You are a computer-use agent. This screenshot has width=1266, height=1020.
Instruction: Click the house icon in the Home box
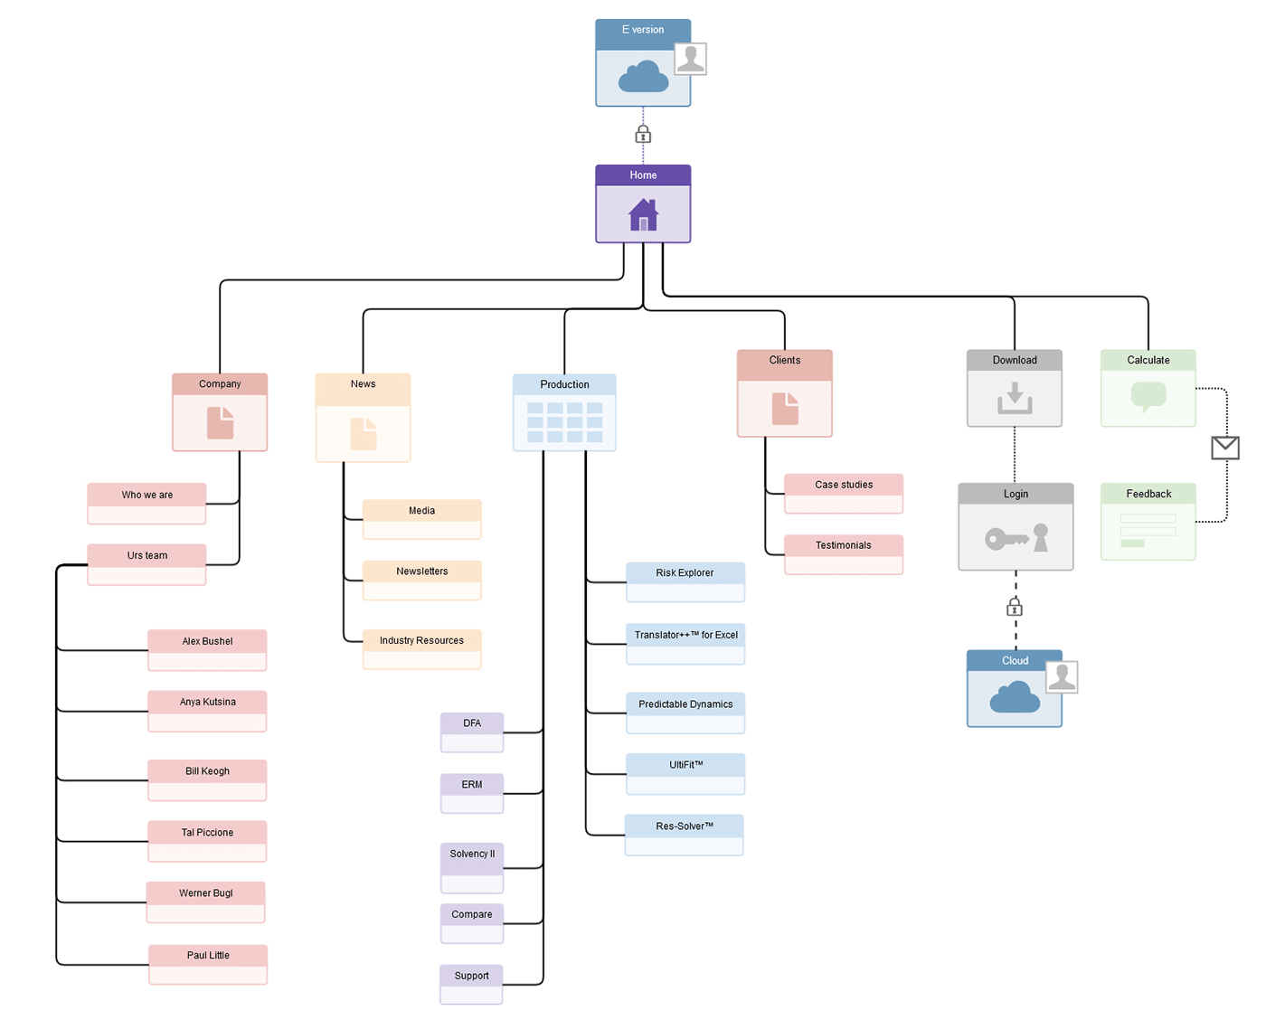coord(643,215)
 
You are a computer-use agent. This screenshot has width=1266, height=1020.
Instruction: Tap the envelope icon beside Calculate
coord(1225,448)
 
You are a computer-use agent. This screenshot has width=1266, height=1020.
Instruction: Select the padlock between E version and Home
coord(643,135)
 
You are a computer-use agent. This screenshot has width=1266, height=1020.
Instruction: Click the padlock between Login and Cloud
coord(1015,607)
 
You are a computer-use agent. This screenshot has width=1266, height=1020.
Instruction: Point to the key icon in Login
coord(1006,540)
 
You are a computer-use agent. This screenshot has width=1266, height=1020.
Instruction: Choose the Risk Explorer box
coord(685,581)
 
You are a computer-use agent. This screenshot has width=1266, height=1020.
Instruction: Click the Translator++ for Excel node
coord(685,643)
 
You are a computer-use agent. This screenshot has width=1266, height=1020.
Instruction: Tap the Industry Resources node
coord(421,648)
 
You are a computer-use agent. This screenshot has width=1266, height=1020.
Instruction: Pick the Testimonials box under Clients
coord(843,553)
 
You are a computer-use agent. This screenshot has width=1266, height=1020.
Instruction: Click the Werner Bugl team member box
coord(206,902)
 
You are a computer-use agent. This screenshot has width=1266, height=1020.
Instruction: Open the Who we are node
coord(146,503)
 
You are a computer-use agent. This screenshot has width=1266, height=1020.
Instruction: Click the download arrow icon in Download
coord(1015,398)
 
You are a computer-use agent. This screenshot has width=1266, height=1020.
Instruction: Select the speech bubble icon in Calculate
coord(1148,397)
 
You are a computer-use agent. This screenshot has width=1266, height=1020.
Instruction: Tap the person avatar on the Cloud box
coord(1062,676)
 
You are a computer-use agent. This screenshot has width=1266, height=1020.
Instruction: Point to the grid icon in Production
coord(564,422)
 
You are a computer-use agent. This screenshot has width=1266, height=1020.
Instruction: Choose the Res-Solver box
coord(684,834)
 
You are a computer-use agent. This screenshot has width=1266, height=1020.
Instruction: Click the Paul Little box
coord(208,964)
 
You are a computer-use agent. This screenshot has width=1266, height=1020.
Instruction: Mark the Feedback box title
coord(1148,494)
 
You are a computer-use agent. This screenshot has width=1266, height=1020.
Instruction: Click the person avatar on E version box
coord(690,59)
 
